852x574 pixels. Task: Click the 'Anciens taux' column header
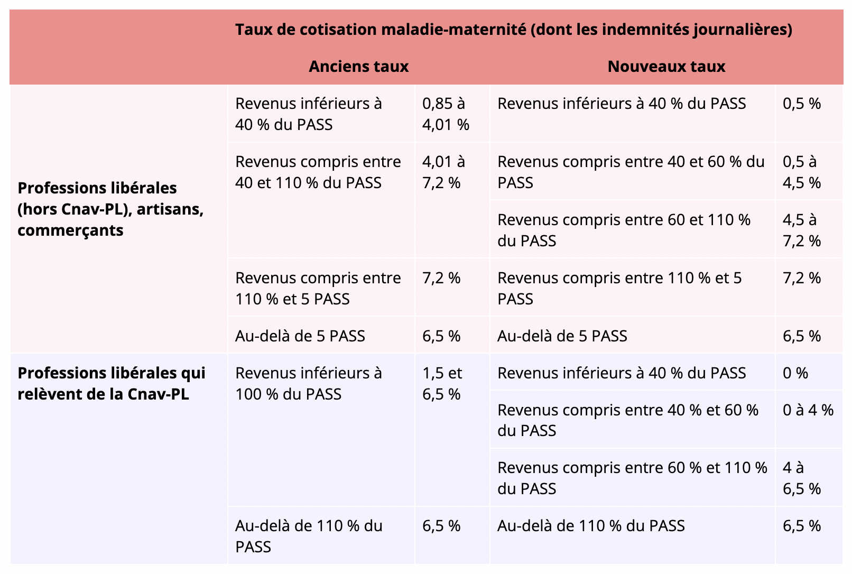pyautogui.click(x=358, y=67)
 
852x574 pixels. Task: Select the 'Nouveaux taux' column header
pyautogui.click(x=666, y=67)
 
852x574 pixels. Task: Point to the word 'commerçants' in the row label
pyautogui.click(x=70, y=230)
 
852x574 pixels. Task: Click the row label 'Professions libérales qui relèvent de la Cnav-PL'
pyautogui.click(x=111, y=384)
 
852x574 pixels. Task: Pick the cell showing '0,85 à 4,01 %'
pyautogui.click(x=446, y=114)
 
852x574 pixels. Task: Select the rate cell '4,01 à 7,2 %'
pyautogui.click(x=443, y=172)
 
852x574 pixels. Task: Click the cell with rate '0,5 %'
pyautogui.click(x=801, y=104)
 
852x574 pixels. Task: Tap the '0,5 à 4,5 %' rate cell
pyautogui.click(x=801, y=172)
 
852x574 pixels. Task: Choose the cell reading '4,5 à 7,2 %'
pyautogui.click(x=801, y=230)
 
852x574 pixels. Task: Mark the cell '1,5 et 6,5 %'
pyautogui.click(x=442, y=384)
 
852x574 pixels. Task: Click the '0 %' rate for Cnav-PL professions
pyautogui.click(x=795, y=373)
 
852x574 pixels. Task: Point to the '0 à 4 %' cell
pyautogui.click(x=808, y=410)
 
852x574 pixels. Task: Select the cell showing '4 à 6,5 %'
pyautogui.click(x=801, y=478)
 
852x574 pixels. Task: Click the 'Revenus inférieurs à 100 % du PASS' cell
pyautogui.click(x=308, y=384)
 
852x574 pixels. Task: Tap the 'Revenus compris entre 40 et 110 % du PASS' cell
pyautogui.click(x=318, y=172)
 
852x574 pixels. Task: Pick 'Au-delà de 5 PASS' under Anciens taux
pyautogui.click(x=300, y=336)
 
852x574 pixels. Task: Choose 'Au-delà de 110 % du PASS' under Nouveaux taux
pyautogui.click(x=590, y=526)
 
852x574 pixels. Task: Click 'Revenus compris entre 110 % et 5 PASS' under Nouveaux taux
pyautogui.click(x=619, y=289)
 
